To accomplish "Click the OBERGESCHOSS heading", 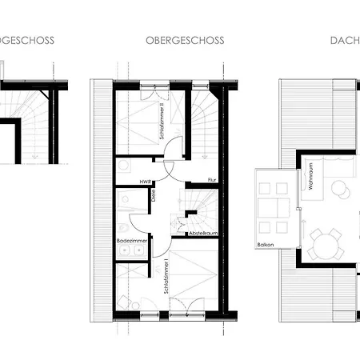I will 185,40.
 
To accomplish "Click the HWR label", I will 146,181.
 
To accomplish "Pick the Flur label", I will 212,180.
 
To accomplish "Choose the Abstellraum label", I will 204,234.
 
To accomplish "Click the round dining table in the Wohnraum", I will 326,243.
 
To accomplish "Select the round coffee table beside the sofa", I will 341,190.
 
